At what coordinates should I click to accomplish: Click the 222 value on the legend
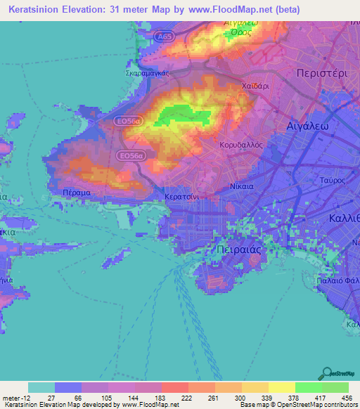click(174, 397)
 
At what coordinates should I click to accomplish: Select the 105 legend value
click(94, 397)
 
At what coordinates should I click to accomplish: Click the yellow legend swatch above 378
click(282, 387)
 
